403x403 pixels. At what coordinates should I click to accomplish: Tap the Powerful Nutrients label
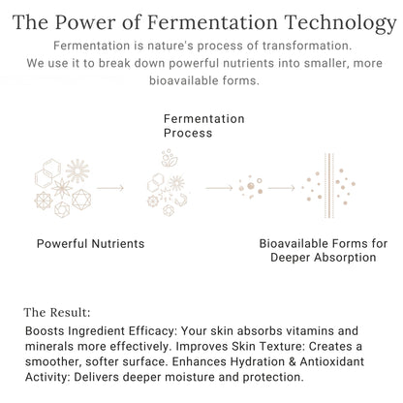[x=90, y=243]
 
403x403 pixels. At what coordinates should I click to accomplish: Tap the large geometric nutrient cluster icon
[x=62, y=181]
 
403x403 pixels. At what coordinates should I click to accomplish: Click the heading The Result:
[x=56, y=313]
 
